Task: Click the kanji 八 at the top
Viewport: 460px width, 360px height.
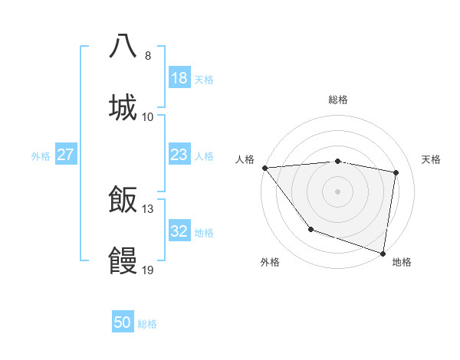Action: click(x=123, y=45)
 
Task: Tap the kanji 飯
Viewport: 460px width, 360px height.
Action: click(x=123, y=200)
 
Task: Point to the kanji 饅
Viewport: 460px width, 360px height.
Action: click(x=123, y=260)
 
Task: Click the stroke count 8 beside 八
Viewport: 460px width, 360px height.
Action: click(x=148, y=56)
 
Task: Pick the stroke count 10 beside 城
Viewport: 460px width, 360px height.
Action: click(x=148, y=116)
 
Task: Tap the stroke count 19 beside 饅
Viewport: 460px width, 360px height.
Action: click(x=148, y=270)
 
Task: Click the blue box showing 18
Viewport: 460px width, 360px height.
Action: click(x=179, y=78)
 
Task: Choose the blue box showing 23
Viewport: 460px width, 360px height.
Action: click(x=179, y=155)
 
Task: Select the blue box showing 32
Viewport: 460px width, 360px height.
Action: click(x=179, y=231)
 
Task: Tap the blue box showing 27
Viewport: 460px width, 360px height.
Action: click(x=65, y=155)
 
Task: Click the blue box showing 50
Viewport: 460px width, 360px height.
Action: click(x=123, y=322)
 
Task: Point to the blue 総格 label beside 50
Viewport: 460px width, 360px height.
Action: click(x=147, y=324)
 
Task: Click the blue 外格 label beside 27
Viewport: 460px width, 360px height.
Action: click(x=41, y=156)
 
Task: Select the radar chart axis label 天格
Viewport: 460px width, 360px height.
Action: click(x=431, y=159)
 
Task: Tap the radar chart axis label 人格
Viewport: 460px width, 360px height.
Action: click(x=245, y=159)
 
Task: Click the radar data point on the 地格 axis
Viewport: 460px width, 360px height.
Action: click(x=383, y=253)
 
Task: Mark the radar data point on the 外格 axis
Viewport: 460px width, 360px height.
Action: click(x=310, y=229)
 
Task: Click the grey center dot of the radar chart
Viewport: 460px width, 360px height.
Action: click(x=337, y=191)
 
